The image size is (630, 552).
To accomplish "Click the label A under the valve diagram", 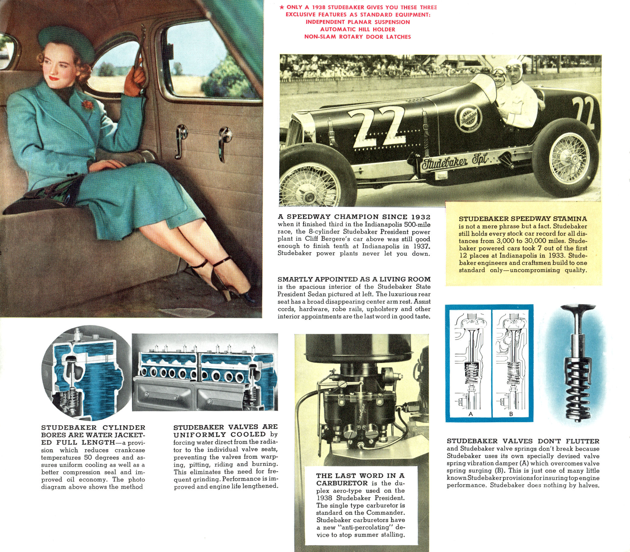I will tap(470, 414).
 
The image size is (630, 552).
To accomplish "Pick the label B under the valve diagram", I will tap(510, 414).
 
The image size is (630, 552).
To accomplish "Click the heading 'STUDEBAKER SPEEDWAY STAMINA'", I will tap(523, 219).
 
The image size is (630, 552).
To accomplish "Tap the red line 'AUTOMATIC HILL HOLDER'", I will tap(357, 29).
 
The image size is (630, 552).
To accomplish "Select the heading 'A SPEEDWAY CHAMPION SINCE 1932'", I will tap(354, 217).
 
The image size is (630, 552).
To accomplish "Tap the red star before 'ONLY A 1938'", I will tap(282, 7).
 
